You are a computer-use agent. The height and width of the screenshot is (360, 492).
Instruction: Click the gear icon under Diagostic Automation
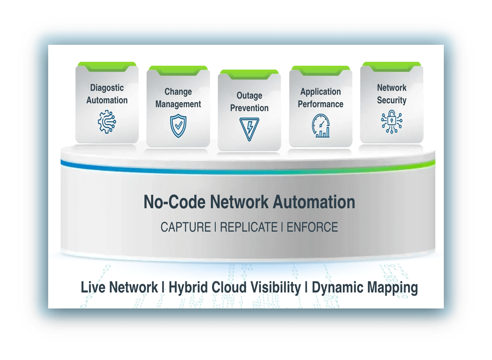(107, 122)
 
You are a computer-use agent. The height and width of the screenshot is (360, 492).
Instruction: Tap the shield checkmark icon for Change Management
(178, 125)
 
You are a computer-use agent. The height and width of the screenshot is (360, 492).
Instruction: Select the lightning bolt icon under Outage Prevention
(249, 129)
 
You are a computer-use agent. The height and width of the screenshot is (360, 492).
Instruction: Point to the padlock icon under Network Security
(391, 122)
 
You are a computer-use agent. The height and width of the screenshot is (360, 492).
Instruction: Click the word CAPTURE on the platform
(185, 227)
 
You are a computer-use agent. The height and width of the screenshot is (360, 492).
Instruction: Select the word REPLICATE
(249, 227)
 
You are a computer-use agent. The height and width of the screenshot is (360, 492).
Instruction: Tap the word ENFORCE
(312, 227)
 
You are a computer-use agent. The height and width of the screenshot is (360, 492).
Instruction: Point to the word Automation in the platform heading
(314, 202)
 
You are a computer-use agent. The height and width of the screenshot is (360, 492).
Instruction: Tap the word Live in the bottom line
(93, 288)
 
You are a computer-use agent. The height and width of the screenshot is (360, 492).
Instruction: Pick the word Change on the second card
(178, 92)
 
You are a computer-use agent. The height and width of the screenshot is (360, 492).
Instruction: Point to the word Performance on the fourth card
(320, 104)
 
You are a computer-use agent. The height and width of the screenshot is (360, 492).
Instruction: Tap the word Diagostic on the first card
(107, 88)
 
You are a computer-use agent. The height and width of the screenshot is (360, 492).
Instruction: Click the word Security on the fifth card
(391, 100)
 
